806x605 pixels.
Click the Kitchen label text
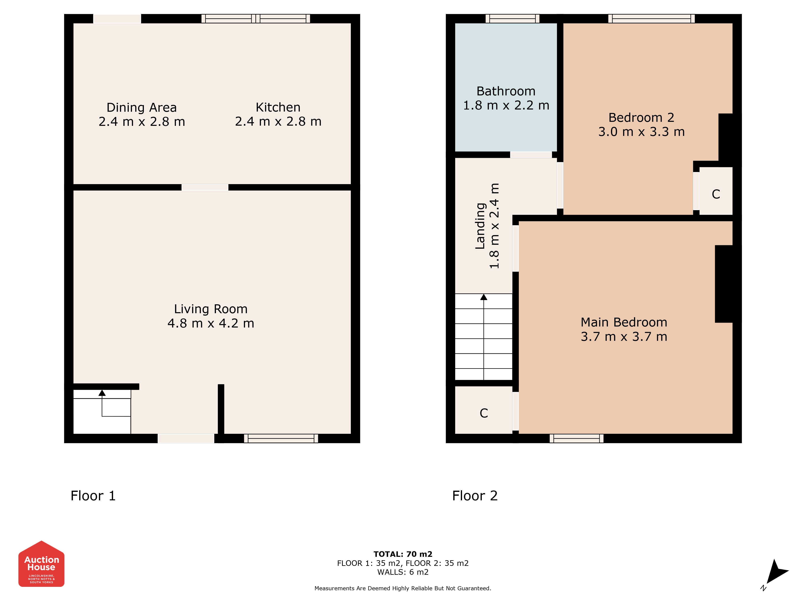click(x=278, y=107)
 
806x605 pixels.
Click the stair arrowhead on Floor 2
click(x=484, y=297)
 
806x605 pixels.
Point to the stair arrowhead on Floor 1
click(x=102, y=393)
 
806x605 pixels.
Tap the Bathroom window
click(x=512, y=19)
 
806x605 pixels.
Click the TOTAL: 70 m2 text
click(x=403, y=554)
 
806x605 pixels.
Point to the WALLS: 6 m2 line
click(x=403, y=572)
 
